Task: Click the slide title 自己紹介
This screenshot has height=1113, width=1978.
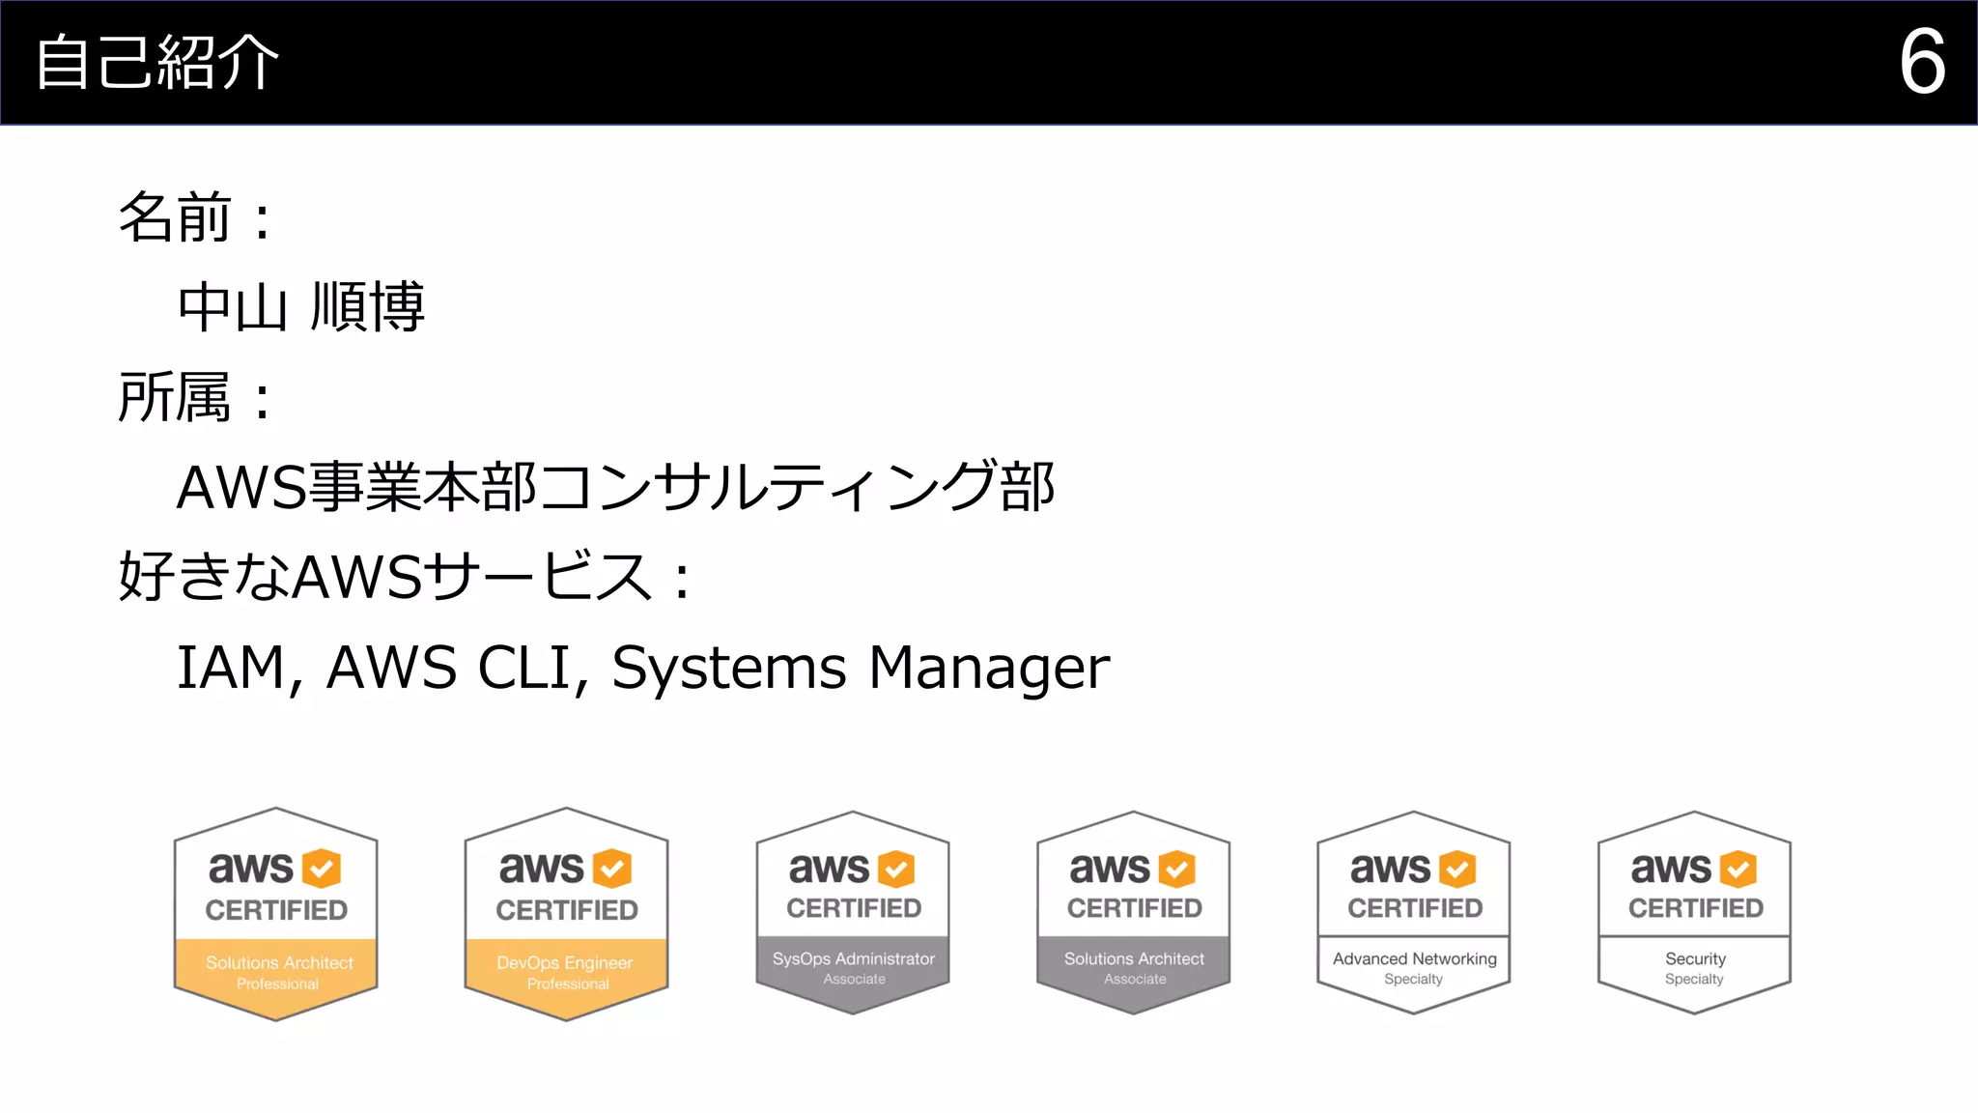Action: pos(157,63)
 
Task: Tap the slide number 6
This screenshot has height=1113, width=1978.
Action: pos(1921,62)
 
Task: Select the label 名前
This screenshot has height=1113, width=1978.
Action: pos(175,217)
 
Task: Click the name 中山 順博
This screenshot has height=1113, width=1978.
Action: pos(300,307)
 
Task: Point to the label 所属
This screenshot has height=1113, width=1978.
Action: pos(175,397)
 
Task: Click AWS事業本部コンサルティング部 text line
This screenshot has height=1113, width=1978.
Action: pos(615,487)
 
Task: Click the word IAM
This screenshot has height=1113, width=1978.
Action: pos(232,668)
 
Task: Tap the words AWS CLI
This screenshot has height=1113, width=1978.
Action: pos(449,668)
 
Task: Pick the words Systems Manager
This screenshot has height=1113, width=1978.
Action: pos(861,668)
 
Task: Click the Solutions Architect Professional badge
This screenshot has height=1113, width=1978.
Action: pos(276,914)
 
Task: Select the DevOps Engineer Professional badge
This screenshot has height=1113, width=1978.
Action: pos(567,914)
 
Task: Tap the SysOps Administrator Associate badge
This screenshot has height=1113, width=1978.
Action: pos(853,913)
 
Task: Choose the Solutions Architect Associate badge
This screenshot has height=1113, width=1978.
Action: pos(1134,913)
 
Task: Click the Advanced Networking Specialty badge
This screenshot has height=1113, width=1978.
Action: pos(1414,913)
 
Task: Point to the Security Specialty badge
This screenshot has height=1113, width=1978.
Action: pos(1695,913)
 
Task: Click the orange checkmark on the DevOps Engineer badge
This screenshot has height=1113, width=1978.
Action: pos(611,869)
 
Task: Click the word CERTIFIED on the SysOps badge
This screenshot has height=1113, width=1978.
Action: pos(854,908)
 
